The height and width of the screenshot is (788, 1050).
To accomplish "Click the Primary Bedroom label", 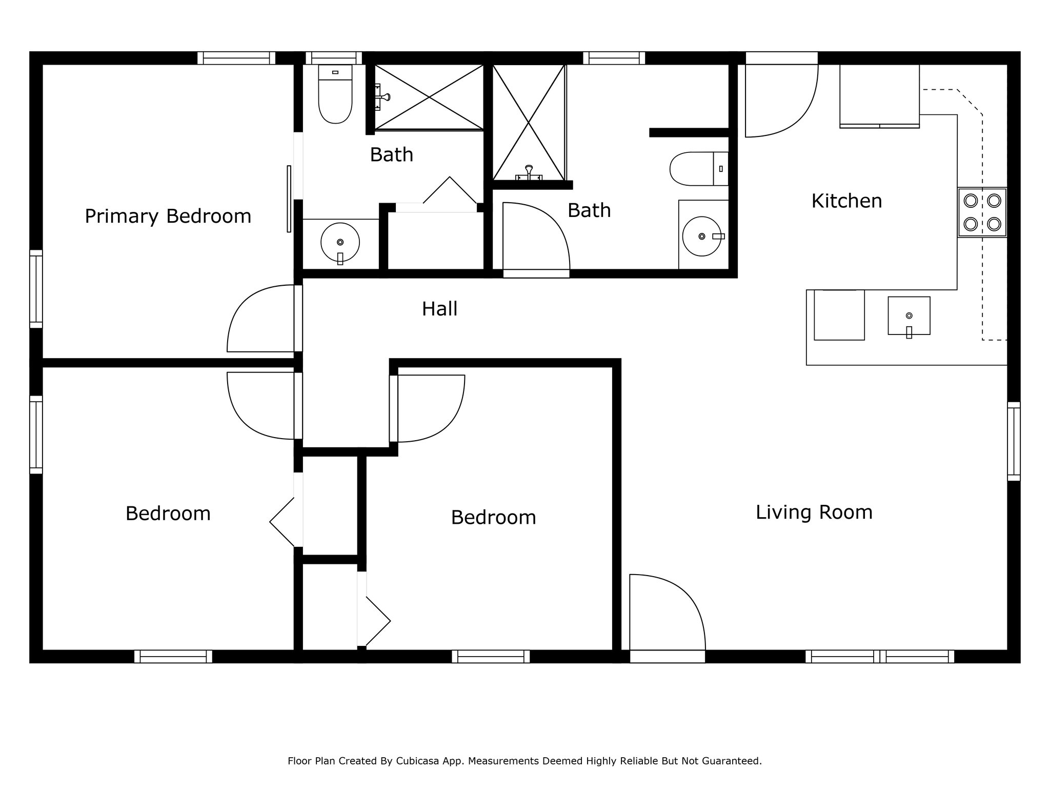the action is [x=168, y=216].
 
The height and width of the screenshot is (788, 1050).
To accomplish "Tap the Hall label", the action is [x=440, y=309].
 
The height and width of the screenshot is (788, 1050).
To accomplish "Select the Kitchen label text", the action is [x=846, y=201].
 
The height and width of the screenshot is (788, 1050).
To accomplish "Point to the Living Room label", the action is [x=814, y=513].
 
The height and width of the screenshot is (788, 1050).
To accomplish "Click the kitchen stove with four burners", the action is [x=982, y=212].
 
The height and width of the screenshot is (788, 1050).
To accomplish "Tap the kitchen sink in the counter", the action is [x=909, y=316].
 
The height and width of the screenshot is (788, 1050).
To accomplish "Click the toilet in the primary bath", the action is [x=335, y=94].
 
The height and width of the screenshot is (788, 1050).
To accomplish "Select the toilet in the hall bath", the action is [x=699, y=169].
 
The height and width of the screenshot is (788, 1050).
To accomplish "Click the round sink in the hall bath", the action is [x=702, y=236].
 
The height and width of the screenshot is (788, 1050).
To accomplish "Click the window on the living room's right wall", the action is [x=1014, y=441].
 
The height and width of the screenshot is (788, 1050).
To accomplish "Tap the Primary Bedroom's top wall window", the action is [x=236, y=58].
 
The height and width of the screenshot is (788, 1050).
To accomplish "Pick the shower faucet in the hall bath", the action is [x=529, y=173].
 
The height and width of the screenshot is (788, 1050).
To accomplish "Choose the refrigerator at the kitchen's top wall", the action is [x=879, y=96].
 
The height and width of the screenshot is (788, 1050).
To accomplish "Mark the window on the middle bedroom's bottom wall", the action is [x=491, y=657].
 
